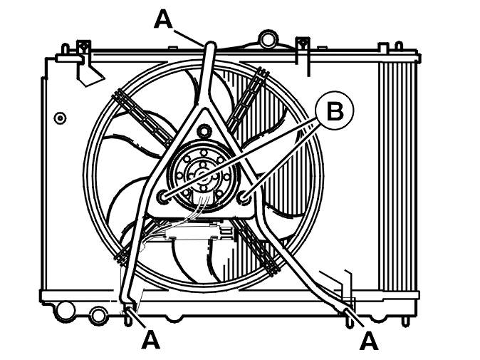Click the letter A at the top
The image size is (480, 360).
[163, 18]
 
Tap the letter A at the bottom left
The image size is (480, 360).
[150, 339]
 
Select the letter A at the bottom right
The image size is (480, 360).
[369, 340]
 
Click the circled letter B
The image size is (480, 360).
[335, 110]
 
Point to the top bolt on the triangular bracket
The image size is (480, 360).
[203, 131]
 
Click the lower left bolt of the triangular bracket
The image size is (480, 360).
[162, 197]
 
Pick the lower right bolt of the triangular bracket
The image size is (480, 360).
[244, 197]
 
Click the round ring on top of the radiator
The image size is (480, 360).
[268, 38]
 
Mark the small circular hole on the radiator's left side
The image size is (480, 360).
[60, 118]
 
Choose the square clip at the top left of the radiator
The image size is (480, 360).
[83, 47]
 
